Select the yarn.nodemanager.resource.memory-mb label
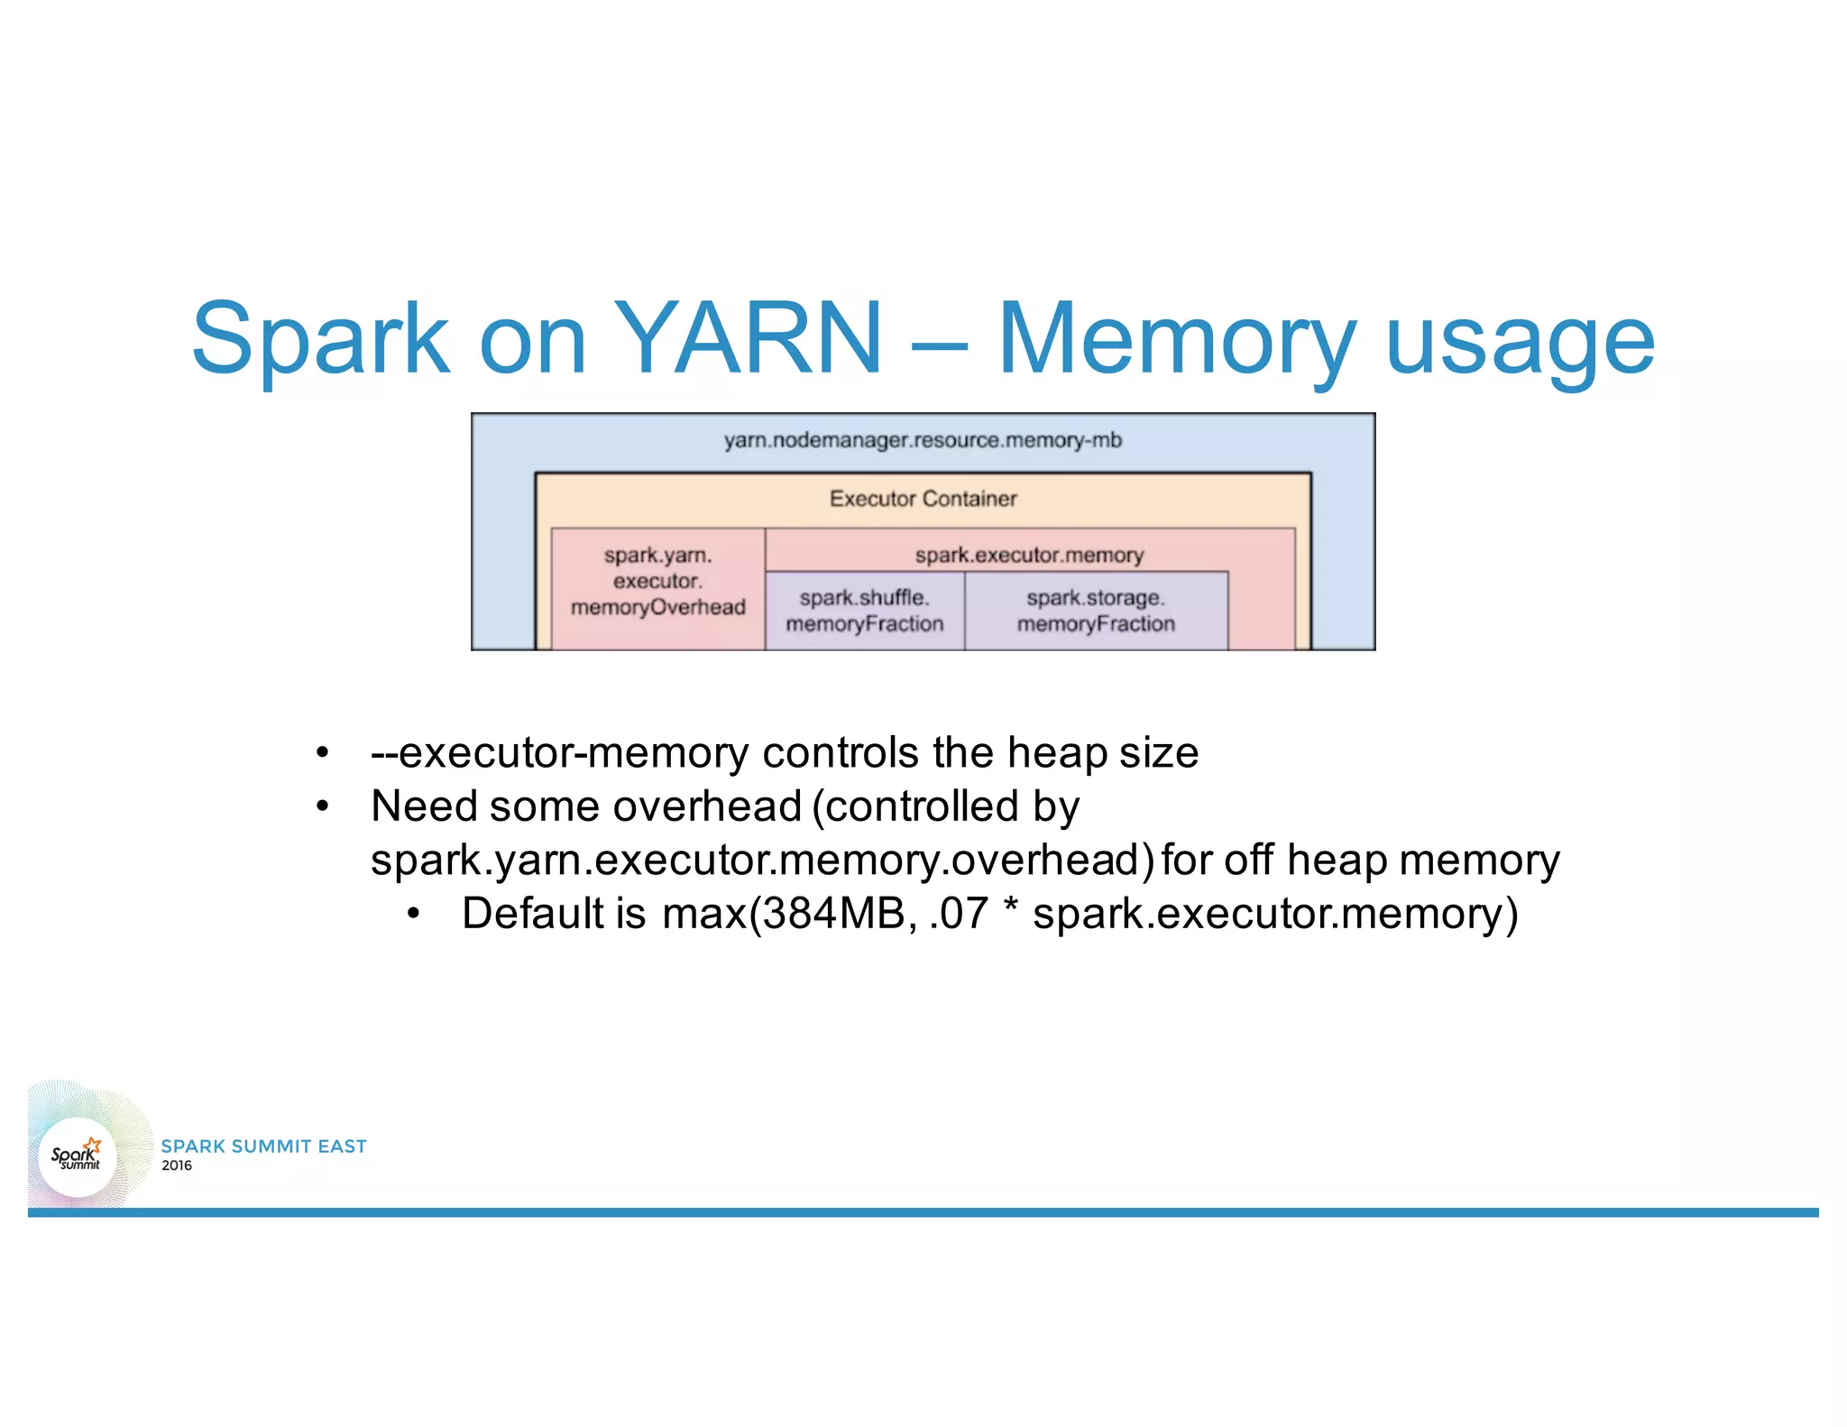point(923,440)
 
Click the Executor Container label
point(923,499)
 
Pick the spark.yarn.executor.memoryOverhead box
point(657,582)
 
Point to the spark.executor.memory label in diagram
point(1029,555)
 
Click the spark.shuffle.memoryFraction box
point(864,611)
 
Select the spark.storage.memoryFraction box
point(1096,611)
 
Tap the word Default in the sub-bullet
point(532,913)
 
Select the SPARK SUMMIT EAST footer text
point(263,1146)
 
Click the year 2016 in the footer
point(177,1165)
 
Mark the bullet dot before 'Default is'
point(414,915)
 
